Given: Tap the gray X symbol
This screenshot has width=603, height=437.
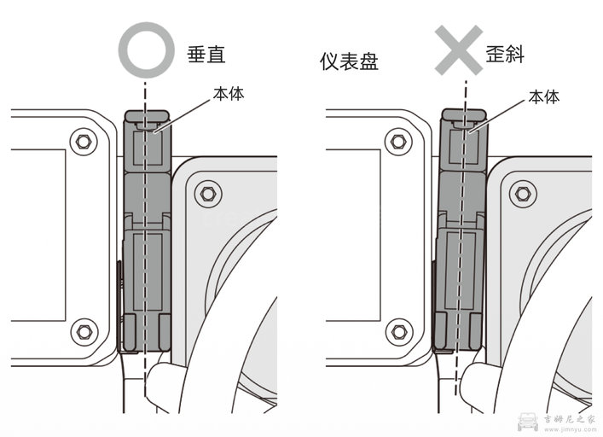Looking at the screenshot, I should pos(462,48).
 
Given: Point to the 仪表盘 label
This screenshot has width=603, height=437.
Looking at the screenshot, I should pos(348,62).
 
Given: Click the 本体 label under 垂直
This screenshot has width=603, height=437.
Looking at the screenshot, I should pos(228,93).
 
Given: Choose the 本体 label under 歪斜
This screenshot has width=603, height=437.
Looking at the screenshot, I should pos(544,96).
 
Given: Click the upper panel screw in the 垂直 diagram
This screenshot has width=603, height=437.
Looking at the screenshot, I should pos(83,140).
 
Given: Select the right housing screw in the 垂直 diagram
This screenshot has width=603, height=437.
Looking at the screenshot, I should pos(205,192).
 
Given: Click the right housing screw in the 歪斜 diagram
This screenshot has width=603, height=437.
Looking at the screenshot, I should pos(521,192).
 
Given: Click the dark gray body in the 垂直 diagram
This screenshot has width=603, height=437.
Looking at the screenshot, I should pos(147,239).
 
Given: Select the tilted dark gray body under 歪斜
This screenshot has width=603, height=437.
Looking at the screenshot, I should pos(461,239).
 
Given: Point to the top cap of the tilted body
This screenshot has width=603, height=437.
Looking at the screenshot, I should pos(464,114).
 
